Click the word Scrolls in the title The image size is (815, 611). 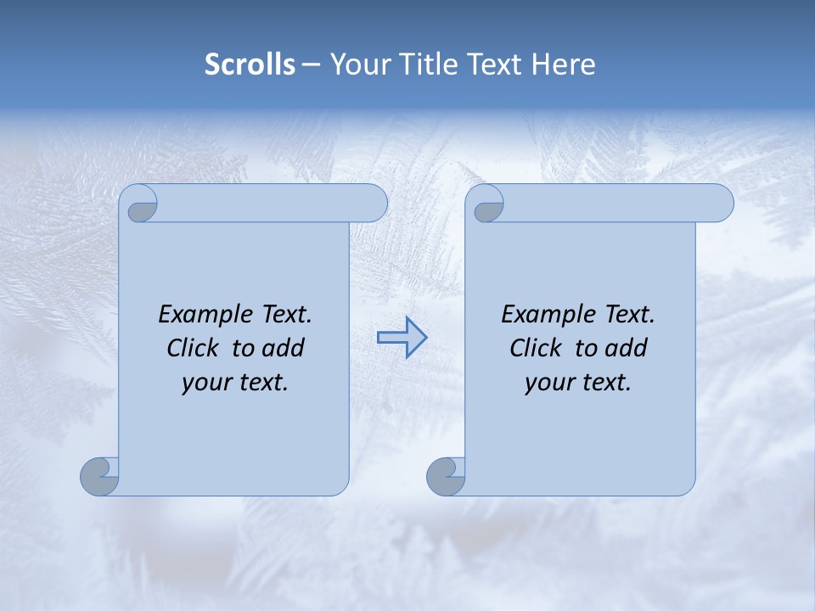[x=250, y=64]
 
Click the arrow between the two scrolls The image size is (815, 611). [x=402, y=338]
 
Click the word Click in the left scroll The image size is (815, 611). [x=193, y=348]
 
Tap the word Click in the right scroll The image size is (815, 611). [x=536, y=348]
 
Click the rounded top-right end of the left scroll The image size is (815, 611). [x=374, y=203]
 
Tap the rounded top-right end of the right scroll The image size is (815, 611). [x=720, y=203]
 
